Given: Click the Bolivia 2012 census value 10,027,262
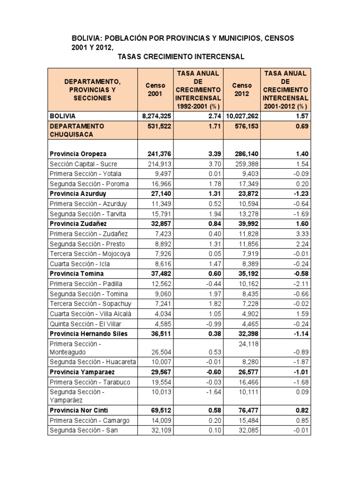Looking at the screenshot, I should [242, 116].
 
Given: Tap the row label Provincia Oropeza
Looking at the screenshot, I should [78, 154].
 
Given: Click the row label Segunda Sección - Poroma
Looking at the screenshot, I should [89, 184].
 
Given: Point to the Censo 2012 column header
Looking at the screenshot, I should [242, 90].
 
